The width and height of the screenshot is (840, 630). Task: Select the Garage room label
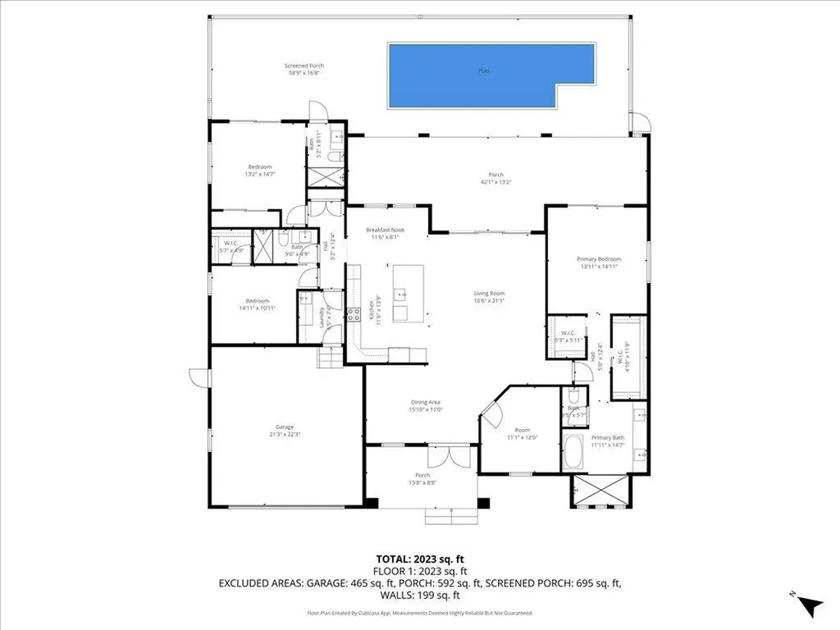(x=285, y=431)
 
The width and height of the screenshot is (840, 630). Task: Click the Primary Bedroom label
(x=599, y=262)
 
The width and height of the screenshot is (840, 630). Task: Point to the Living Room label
(x=489, y=297)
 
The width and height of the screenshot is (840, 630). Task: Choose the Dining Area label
(x=427, y=405)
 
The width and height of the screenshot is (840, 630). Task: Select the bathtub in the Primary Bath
(x=573, y=453)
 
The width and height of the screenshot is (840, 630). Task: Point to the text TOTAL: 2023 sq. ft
(x=419, y=558)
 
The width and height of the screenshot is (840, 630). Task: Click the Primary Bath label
(x=608, y=441)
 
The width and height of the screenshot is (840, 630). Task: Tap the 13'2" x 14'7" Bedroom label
(x=260, y=171)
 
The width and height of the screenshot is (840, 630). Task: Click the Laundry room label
(x=326, y=317)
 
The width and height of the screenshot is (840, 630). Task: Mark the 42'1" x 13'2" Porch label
(x=495, y=178)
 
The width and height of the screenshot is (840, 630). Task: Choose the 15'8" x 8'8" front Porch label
(x=422, y=479)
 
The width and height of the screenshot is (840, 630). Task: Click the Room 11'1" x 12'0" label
(x=523, y=434)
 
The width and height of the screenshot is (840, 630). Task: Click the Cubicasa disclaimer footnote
(x=419, y=612)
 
